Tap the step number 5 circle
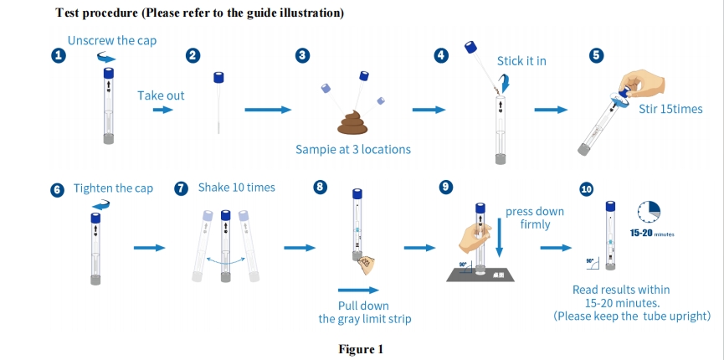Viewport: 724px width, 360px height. coord(596,55)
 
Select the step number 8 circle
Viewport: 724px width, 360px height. coord(320,188)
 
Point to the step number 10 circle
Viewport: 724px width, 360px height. coord(586,189)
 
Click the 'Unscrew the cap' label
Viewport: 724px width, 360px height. coord(112,40)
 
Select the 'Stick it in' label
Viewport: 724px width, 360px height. coord(521,61)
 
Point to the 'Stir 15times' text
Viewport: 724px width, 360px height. coord(670,110)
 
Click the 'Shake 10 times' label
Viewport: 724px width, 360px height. coord(236,188)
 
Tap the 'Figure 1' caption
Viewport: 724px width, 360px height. coord(361,349)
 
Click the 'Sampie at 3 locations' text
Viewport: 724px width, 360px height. coord(353,150)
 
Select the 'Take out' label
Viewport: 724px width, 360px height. coord(161,95)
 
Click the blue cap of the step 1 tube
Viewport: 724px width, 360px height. coord(109,74)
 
